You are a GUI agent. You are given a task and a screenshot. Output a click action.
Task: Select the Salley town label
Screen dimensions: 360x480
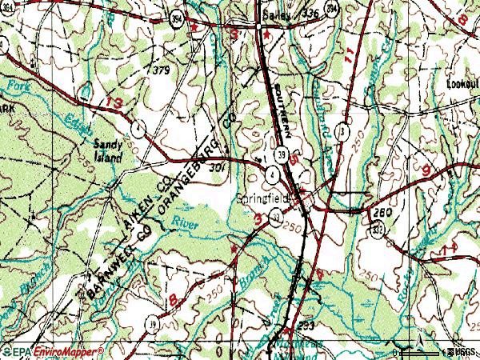277,14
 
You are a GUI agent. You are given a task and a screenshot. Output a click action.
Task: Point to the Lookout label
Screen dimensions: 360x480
462,84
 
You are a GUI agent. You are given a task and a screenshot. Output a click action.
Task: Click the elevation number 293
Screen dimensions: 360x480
305,326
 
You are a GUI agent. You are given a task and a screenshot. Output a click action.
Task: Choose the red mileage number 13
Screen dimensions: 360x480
114,104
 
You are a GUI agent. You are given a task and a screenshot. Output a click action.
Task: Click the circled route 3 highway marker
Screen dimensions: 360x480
343,130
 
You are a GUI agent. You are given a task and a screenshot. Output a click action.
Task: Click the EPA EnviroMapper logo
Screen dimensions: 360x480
53,351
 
